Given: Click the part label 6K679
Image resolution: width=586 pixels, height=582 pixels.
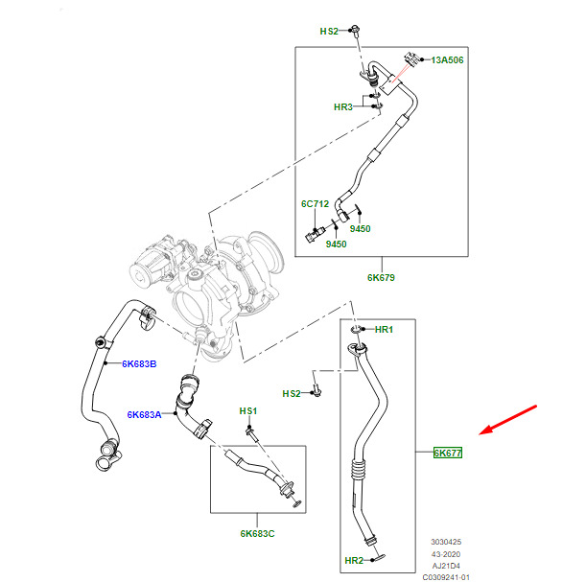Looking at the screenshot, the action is [x=381, y=277].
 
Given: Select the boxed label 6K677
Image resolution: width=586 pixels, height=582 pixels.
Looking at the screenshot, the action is [x=448, y=453].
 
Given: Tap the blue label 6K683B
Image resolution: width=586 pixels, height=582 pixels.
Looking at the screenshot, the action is [x=139, y=363].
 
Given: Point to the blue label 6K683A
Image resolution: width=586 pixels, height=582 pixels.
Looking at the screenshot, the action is [x=144, y=414].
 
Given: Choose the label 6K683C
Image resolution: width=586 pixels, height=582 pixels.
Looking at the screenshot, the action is [x=257, y=534].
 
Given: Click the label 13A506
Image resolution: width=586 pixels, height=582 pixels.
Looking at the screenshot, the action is [x=447, y=60].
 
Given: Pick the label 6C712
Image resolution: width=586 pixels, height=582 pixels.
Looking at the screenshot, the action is [x=315, y=204].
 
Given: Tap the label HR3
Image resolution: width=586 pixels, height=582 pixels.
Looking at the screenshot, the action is [x=343, y=107].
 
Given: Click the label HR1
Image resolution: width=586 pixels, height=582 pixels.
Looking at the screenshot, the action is [x=384, y=330].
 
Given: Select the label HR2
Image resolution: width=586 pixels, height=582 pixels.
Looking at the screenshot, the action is [x=354, y=561].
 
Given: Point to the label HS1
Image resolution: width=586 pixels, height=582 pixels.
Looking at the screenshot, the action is [x=248, y=411].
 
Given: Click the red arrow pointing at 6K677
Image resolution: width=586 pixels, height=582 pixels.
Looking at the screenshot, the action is [x=508, y=420].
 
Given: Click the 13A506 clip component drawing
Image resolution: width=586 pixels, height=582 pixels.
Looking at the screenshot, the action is [x=410, y=59].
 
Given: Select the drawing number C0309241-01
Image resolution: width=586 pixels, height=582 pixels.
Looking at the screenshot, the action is [x=446, y=577].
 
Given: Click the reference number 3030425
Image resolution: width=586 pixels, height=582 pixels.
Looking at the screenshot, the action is [x=446, y=542].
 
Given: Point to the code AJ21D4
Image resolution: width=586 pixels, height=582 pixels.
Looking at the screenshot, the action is [x=446, y=566].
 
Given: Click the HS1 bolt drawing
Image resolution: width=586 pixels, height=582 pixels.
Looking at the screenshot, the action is [x=251, y=433].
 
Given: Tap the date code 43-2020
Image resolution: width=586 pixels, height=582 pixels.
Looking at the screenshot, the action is [x=446, y=554].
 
